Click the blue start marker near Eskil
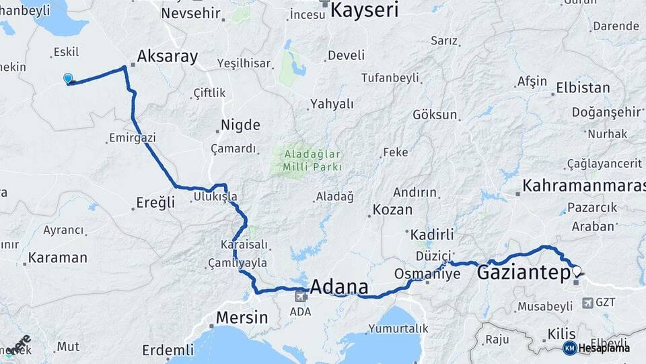(67, 79)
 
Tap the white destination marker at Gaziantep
(576, 272)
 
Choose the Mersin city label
(242, 317)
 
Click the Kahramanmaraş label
(583, 185)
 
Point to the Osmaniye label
(427, 274)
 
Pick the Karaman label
(58, 257)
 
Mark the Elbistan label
(583, 88)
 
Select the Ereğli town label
(155, 202)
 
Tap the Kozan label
(392, 210)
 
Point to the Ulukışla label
(215, 197)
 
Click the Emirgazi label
(133, 138)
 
